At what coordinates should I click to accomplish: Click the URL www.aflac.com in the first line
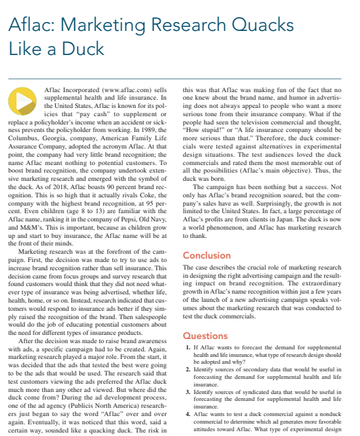[x=131, y=90]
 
